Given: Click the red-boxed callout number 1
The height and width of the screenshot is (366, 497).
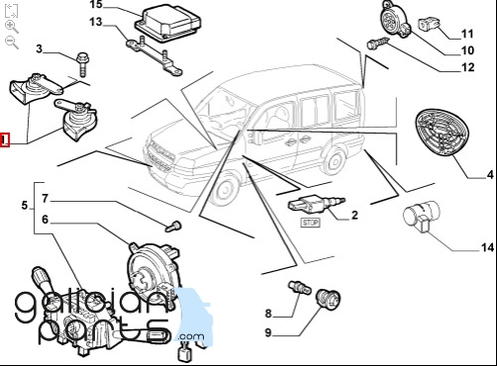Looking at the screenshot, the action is tap(4, 139).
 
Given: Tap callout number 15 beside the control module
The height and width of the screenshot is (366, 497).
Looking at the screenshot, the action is tap(96, 5).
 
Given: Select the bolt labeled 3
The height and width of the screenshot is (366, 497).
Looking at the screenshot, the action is tap(82, 64).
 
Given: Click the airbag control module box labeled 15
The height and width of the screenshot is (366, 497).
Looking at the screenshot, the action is tap(167, 24).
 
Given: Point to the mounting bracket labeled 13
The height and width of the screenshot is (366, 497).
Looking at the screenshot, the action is tap(153, 55).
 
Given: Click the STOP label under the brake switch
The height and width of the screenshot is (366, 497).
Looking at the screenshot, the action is tap(310, 223).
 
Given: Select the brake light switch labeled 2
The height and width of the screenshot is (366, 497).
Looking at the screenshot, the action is tap(316, 204).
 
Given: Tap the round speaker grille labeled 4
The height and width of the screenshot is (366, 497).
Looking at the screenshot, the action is tap(443, 131).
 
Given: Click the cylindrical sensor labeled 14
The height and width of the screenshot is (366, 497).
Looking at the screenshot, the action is tap(422, 216).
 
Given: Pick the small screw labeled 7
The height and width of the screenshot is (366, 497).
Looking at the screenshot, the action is tap(173, 227).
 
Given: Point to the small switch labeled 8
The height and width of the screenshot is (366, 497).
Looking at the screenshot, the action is tap(300, 287).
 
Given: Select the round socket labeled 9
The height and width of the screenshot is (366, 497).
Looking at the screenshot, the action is tap(328, 298).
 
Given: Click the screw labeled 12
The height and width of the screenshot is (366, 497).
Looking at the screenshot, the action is tap(378, 43).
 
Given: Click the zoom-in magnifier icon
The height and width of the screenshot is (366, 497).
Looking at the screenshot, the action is tap(12, 27).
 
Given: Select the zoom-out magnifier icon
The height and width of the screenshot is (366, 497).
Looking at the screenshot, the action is tap(12, 43).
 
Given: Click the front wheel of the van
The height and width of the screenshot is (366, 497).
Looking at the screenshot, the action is tap(226, 190).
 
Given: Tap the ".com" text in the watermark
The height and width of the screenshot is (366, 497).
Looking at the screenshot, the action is tap(190, 336).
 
